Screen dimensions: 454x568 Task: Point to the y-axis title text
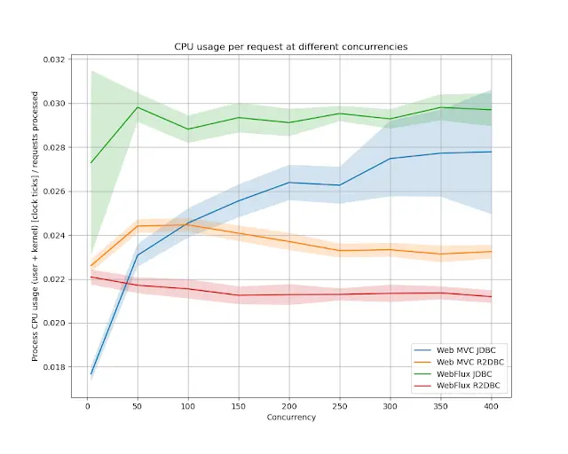click(36, 226)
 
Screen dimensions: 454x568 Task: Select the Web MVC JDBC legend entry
click(457, 352)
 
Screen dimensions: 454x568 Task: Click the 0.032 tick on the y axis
click(55, 59)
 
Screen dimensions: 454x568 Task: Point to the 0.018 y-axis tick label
click(55, 367)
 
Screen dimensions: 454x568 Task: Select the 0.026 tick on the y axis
click(55, 192)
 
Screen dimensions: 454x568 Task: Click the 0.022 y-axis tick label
click(55, 279)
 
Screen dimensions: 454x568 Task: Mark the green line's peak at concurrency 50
click(138, 107)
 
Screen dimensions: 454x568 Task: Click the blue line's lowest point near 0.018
click(91, 374)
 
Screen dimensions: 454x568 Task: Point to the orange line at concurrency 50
click(138, 225)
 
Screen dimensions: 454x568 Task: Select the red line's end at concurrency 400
click(491, 296)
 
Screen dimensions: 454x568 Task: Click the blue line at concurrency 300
click(390, 159)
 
